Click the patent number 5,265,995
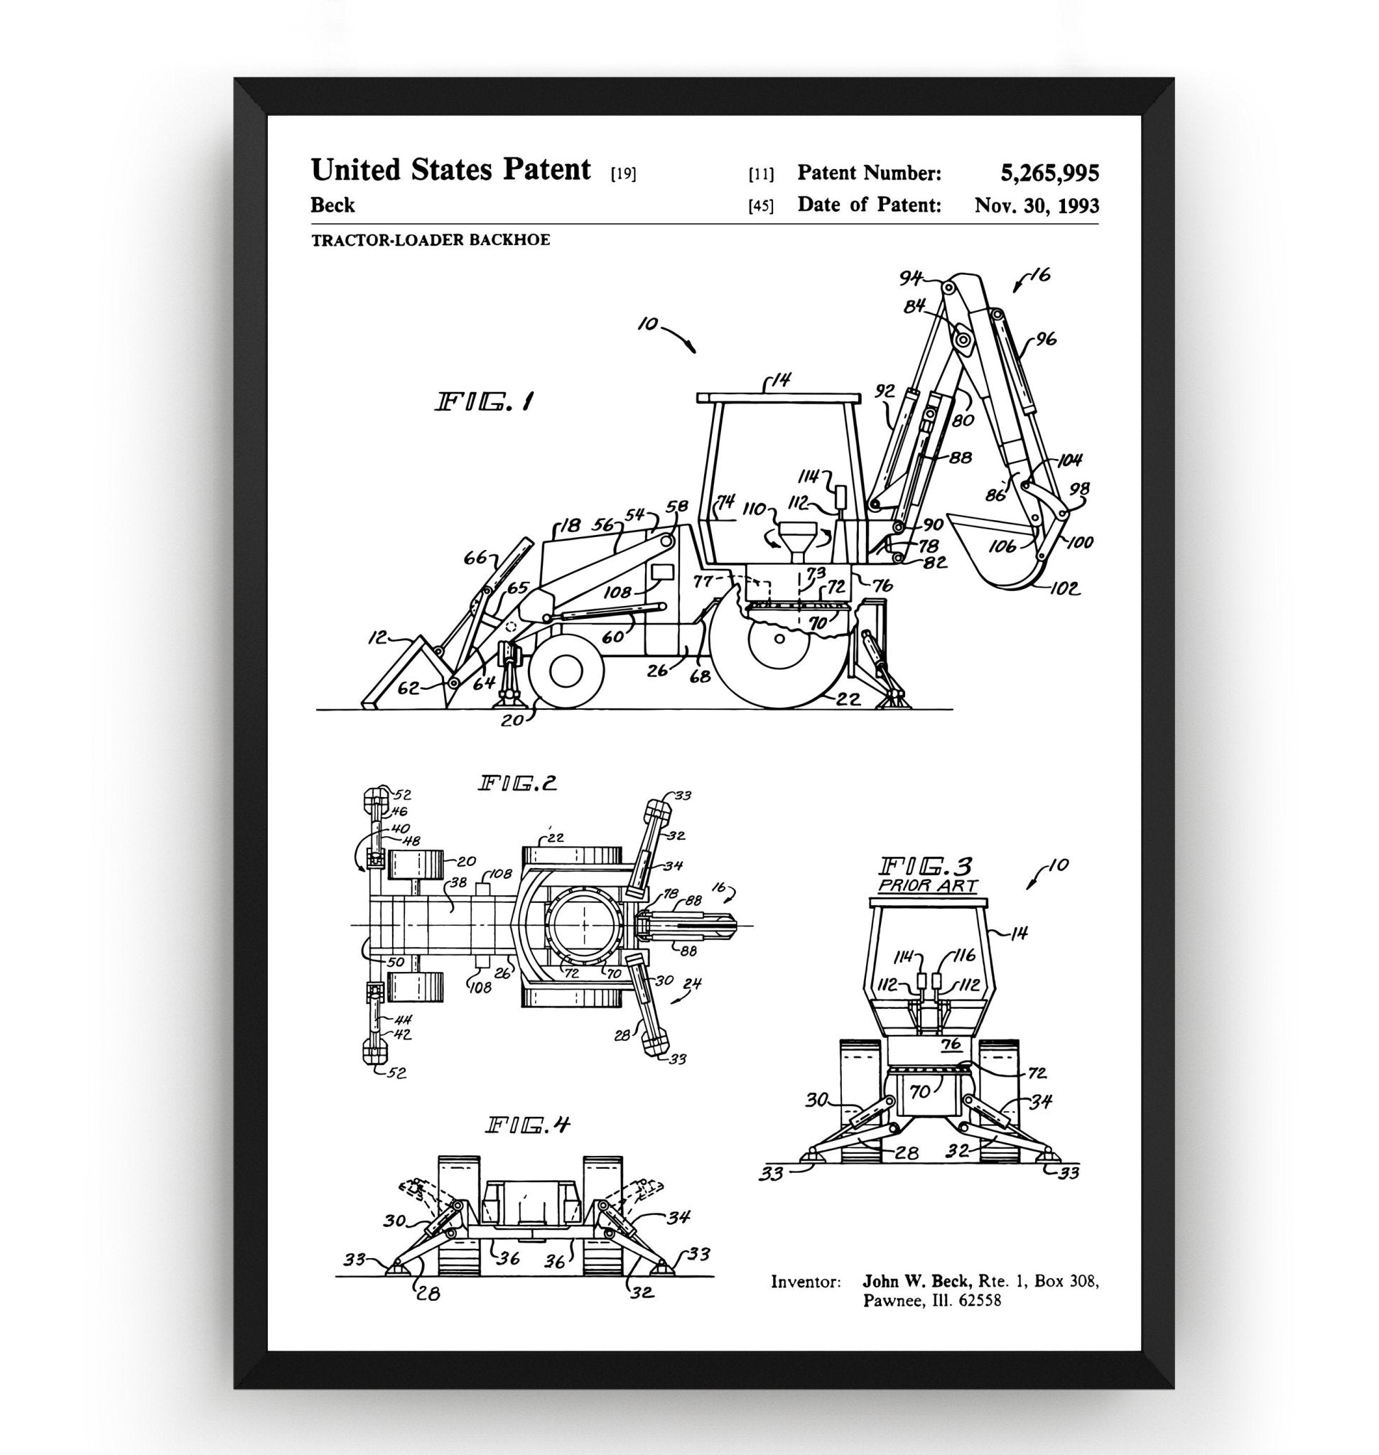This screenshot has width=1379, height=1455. (x=1049, y=173)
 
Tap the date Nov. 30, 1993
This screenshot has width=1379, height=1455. (x=1037, y=205)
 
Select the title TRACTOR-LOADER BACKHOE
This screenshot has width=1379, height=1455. (x=430, y=239)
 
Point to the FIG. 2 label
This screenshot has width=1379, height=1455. (x=517, y=784)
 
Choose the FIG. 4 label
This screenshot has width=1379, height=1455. (x=528, y=1125)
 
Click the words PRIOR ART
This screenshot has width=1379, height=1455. (x=928, y=885)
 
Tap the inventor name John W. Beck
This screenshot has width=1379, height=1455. (x=916, y=1282)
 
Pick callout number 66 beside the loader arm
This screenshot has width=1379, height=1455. (x=474, y=558)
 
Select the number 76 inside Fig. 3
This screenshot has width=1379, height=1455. (x=951, y=1045)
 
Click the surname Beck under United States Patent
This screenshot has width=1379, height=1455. (x=332, y=205)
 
